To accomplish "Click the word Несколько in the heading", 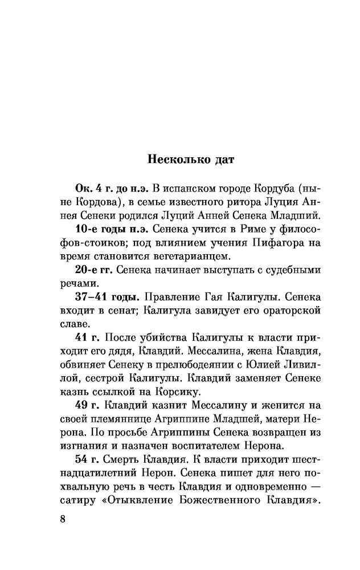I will pyautogui.click(x=176, y=157).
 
